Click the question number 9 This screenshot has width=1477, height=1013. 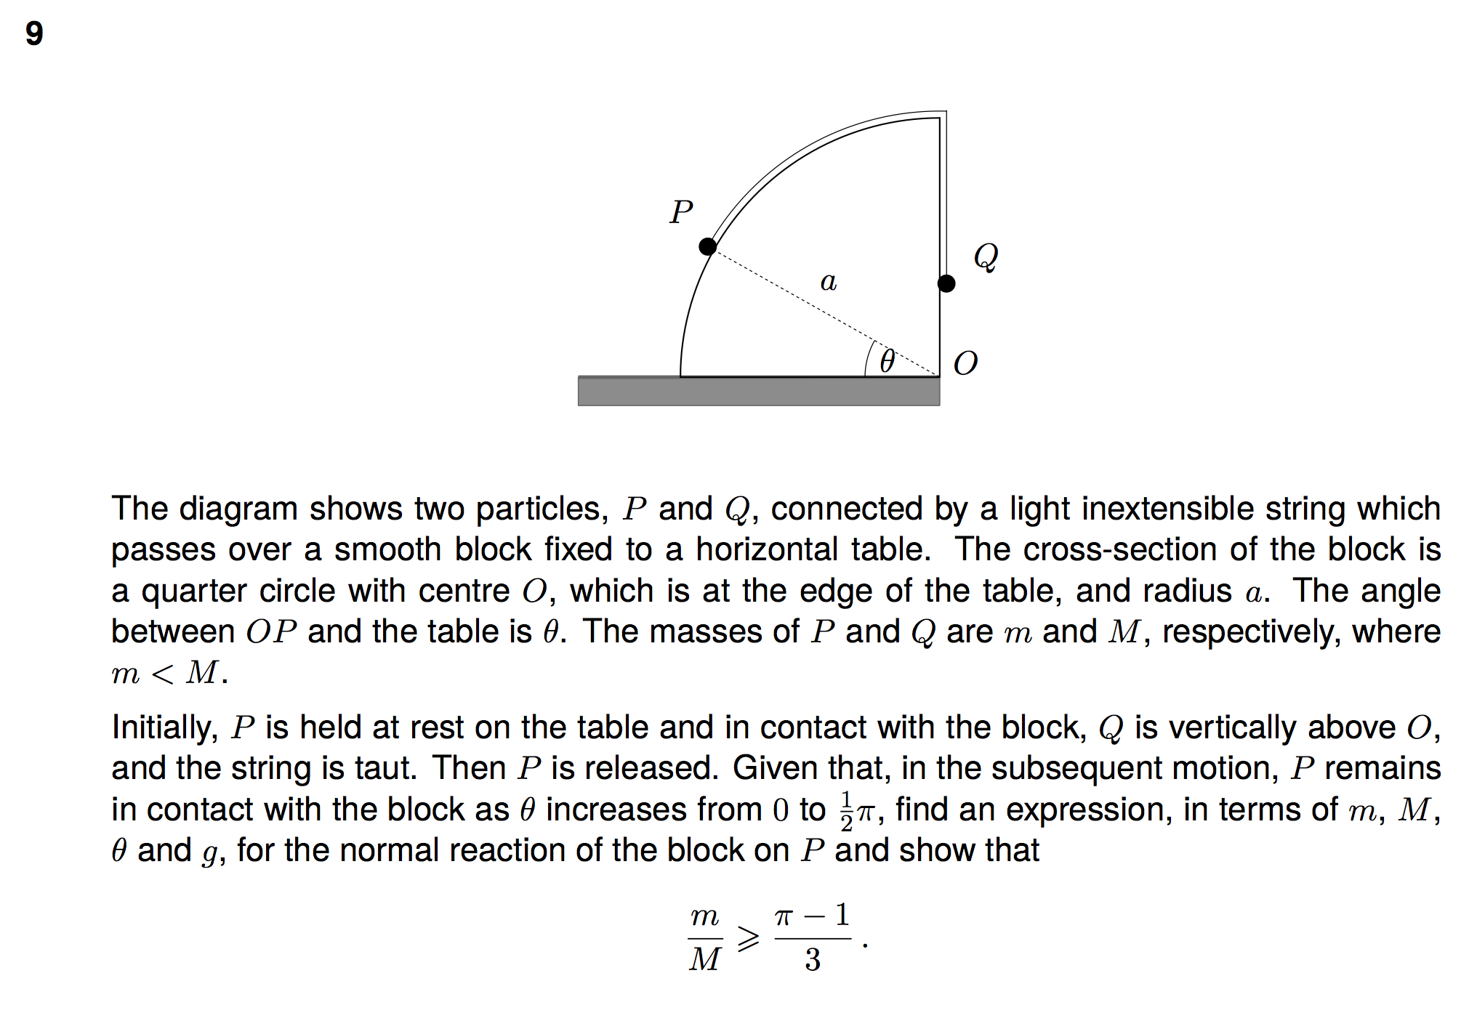(x=34, y=33)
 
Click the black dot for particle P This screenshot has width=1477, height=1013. (x=707, y=246)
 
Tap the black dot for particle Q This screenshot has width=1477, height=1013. (x=946, y=283)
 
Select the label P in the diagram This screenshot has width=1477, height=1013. (x=681, y=212)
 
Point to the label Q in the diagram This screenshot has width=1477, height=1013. (x=986, y=257)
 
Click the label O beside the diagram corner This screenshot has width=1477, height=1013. (x=965, y=363)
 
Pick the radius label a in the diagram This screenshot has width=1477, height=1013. (x=829, y=281)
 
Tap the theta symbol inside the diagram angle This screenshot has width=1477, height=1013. (x=887, y=361)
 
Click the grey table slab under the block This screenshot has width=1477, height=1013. (x=758, y=392)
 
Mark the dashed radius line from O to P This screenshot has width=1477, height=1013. (x=800, y=298)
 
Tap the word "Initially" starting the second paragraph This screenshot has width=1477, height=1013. (x=164, y=727)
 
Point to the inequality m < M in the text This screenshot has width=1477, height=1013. (x=169, y=673)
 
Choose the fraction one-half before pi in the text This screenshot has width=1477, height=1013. (x=846, y=810)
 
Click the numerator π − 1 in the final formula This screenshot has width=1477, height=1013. (x=812, y=916)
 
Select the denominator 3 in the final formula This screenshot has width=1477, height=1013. (x=813, y=960)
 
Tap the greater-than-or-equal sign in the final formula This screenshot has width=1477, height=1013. (x=748, y=938)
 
